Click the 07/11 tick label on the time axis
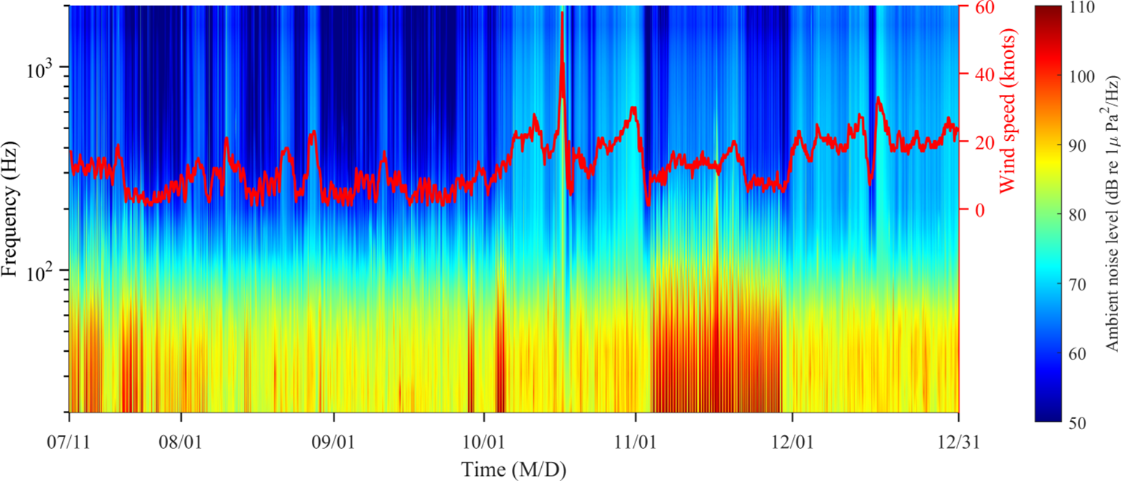point(69,442)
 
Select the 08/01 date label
point(181,442)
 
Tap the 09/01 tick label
point(334,442)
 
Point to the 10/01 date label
point(484,442)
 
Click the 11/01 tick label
point(635,442)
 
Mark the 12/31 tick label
point(958,442)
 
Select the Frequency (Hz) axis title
point(9,209)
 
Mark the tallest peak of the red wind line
point(562,13)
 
